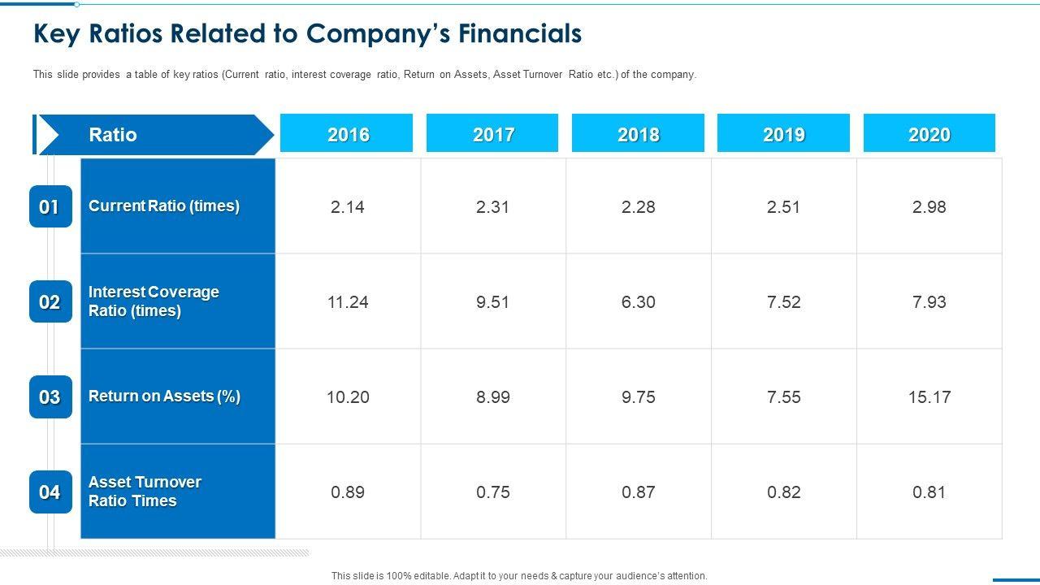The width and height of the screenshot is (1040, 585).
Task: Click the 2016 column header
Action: (347, 134)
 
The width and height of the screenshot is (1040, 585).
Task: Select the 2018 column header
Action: (638, 134)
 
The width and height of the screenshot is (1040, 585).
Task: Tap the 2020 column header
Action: (929, 134)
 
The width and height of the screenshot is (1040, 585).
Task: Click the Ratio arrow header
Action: (154, 135)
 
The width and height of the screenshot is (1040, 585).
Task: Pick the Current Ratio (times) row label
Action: (164, 206)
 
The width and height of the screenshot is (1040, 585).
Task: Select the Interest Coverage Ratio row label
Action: (154, 301)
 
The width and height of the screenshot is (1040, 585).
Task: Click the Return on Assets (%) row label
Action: (164, 396)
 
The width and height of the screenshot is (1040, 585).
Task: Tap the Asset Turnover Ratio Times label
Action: (145, 492)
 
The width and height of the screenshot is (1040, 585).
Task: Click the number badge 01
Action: (50, 207)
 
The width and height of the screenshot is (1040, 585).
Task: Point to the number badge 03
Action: (50, 397)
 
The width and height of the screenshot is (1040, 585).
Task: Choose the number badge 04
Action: (50, 492)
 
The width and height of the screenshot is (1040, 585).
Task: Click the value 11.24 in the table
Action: (348, 302)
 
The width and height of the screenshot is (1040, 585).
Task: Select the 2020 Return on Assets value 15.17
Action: (929, 397)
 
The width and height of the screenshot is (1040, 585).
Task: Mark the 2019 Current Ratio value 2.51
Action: (783, 207)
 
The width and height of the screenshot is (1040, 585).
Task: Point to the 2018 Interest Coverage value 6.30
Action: (638, 302)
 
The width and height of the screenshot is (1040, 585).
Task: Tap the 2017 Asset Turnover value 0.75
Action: (493, 492)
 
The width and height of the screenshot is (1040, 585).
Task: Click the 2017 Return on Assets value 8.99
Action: (493, 397)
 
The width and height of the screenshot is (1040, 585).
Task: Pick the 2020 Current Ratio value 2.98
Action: (929, 207)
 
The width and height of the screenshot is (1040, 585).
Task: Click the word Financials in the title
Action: (520, 33)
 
